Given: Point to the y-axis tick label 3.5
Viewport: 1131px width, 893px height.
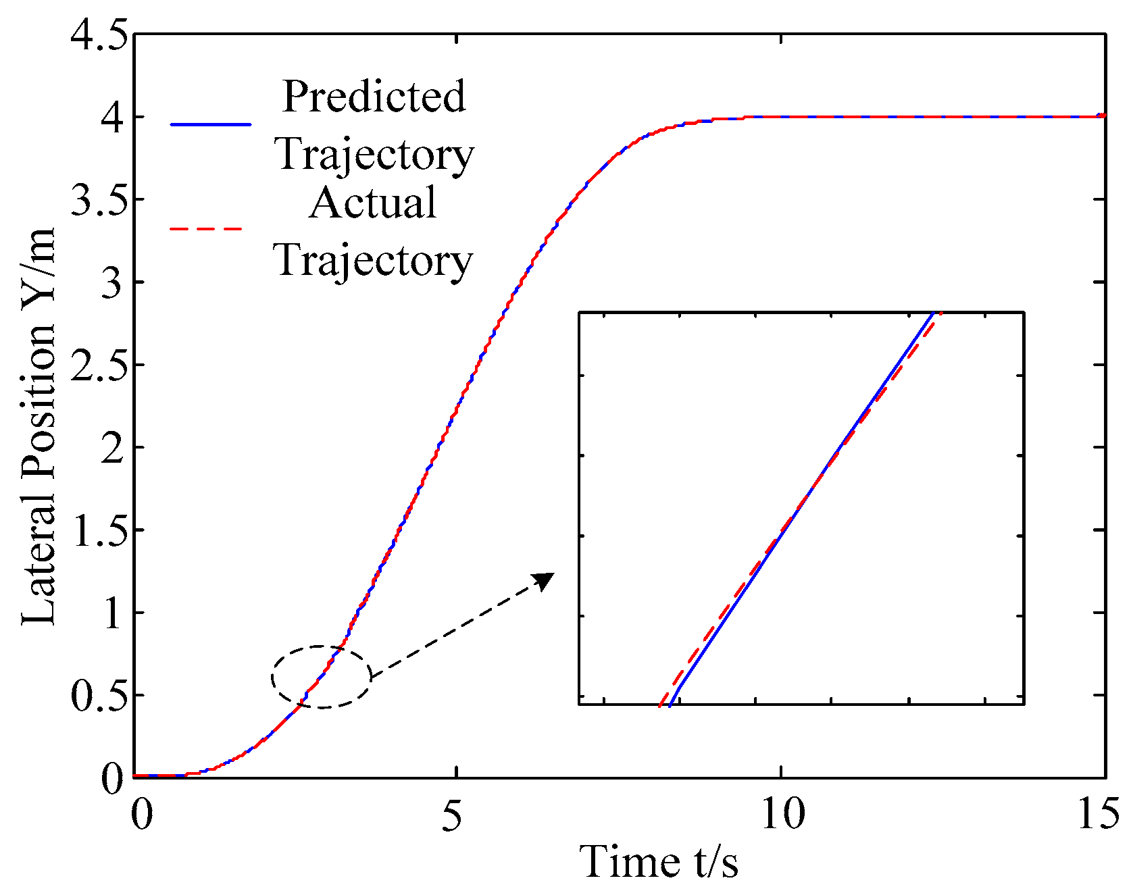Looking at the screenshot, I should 99,200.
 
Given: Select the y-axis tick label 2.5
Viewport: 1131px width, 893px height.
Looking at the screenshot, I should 99,365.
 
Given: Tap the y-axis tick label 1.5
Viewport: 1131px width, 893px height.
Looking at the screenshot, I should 99,531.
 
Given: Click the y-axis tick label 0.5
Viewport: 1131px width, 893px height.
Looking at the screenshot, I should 99,696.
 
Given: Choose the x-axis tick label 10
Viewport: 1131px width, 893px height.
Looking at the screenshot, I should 782,815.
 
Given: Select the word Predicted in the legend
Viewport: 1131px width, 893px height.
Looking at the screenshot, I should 374,96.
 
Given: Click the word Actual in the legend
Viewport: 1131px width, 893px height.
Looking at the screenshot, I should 373,202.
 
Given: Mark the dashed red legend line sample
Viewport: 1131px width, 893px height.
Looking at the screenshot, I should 206,230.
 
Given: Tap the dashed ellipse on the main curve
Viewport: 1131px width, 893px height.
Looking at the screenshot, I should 322,676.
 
